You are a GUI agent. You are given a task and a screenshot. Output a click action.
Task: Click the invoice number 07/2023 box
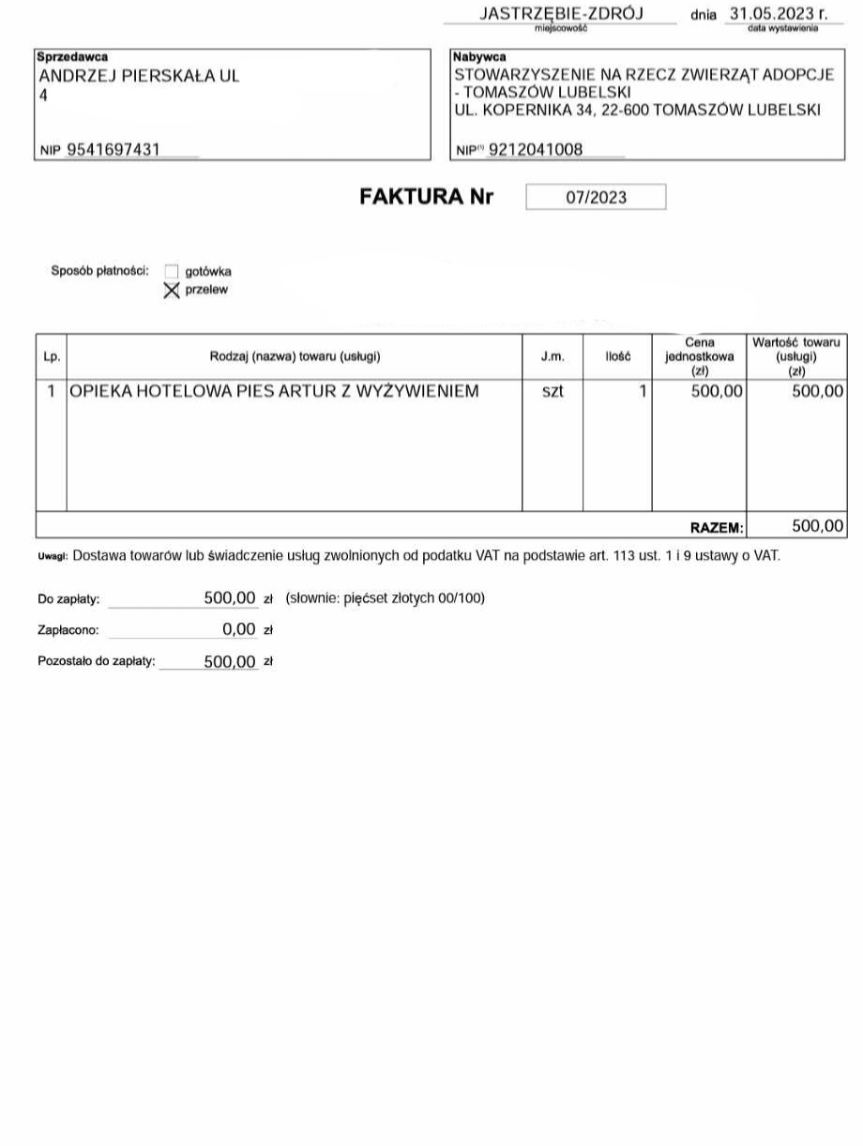pos(596,197)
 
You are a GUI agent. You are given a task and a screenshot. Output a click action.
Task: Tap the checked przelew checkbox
pos(171,291)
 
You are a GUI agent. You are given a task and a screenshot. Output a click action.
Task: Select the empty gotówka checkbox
pos(171,272)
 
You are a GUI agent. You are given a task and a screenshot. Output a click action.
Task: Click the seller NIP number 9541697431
pos(114,149)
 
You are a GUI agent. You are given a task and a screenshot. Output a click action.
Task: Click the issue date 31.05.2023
pos(771,14)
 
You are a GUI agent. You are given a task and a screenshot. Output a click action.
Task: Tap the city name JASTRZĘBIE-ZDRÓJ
pos(561,14)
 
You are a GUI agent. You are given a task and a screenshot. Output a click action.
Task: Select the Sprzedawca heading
pos(72,57)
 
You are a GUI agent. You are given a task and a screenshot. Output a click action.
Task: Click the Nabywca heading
pos(480,57)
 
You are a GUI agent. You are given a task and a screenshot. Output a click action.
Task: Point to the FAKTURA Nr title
pos(426,197)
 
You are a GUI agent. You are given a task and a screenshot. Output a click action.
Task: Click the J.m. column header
pos(553,356)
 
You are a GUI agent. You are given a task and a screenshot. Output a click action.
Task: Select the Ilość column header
pos(618,356)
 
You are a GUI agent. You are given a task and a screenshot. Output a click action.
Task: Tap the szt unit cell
pos(553,391)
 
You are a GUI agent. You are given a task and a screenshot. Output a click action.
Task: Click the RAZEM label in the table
pos(717,528)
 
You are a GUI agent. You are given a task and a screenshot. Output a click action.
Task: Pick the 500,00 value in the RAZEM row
pos(818,526)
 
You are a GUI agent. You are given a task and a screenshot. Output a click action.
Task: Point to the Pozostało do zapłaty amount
pos(230,662)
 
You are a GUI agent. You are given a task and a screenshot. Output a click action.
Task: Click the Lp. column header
pos(52,356)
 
